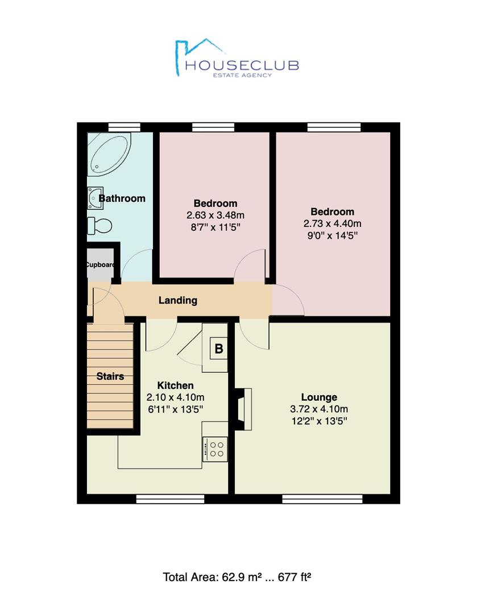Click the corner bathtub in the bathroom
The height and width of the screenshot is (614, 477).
click(109, 153)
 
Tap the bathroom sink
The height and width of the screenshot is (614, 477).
click(95, 198)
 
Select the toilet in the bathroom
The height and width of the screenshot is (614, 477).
click(99, 226)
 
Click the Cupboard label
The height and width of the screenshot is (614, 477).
click(100, 265)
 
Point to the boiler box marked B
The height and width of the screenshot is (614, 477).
click(219, 349)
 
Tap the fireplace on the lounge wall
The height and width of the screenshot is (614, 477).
click(243, 409)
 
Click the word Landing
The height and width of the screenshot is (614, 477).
click(178, 300)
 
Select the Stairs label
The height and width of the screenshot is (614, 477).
click(110, 376)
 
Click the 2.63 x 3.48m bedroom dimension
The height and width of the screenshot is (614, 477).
click(215, 215)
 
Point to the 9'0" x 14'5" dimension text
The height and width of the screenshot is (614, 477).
click(332, 236)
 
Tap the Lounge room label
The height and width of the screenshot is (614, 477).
click(319, 397)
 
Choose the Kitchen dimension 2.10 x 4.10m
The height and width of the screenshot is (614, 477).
click(176, 397)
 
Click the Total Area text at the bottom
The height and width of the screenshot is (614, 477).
click(237, 577)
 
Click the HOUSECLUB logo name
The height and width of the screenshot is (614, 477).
click(242, 65)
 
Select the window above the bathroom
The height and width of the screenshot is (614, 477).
click(124, 127)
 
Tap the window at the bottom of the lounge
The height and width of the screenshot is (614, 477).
click(322, 499)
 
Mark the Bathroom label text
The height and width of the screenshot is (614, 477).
click(122, 198)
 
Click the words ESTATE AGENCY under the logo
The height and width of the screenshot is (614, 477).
click(242, 75)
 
